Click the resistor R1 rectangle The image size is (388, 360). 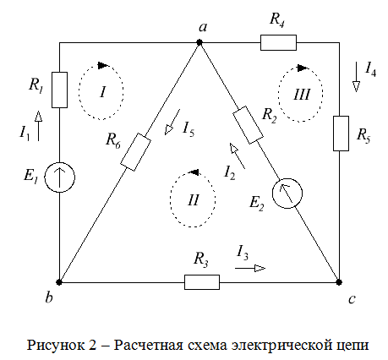coord(59,90)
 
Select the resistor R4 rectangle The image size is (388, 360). coord(278,42)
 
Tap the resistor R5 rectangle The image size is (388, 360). coord(341,134)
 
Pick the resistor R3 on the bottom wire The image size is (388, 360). coord(202,282)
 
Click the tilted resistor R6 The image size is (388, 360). coord(135,152)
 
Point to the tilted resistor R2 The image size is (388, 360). coord(249,125)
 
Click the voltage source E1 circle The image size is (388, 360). coord(60,177)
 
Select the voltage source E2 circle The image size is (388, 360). coord(287,194)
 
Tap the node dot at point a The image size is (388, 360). coord(199,42)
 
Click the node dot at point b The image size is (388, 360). coord(59,281)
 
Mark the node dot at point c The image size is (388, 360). coord(339,281)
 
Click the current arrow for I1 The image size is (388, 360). coord(38,126)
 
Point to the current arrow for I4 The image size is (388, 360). coord(356,77)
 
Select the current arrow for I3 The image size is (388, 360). coord(250,269)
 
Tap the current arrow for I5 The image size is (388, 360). coord(172,122)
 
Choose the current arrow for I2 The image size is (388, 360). coord(238,155)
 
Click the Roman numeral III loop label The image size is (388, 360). coord(302,95)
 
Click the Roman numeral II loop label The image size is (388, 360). coord(194,200)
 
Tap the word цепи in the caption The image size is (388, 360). coord(352,346)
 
